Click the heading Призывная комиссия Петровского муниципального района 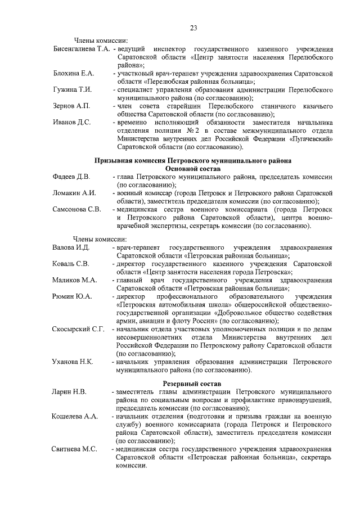(193, 160)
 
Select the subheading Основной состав (193, 168)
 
